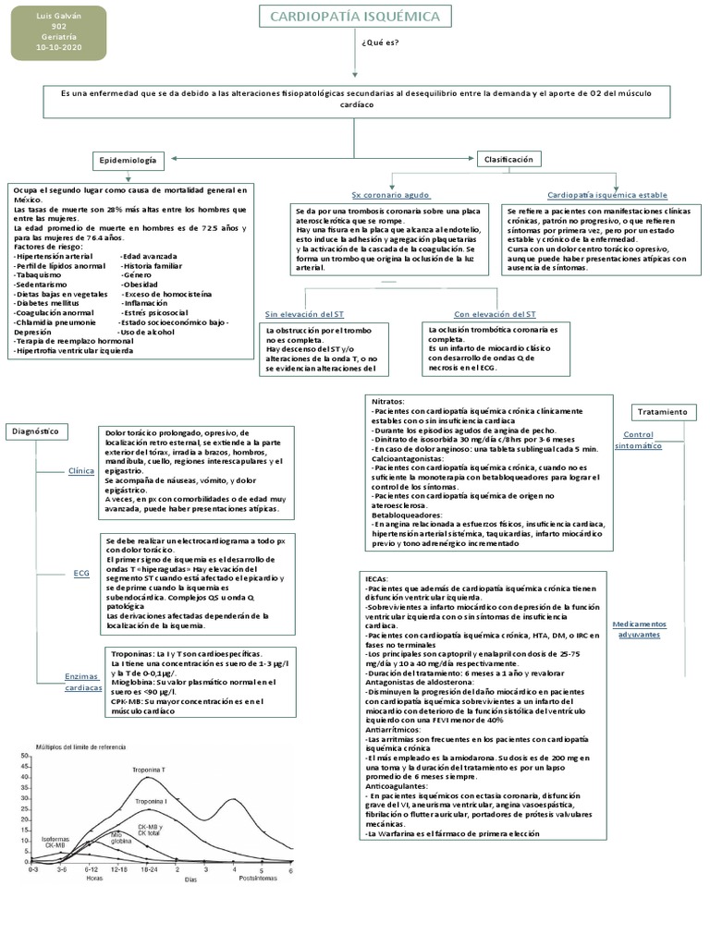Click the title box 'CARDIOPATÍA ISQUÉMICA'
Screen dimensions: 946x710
coord(348,17)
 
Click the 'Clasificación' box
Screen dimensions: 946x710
coord(509,159)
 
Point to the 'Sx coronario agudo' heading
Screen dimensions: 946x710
coord(391,196)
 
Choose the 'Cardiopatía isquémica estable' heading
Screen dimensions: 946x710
coord(607,196)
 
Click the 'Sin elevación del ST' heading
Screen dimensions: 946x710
coord(304,314)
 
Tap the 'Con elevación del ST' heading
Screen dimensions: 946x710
coord(495,314)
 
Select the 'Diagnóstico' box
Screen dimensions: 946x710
coord(36,431)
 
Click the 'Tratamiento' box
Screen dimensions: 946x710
coord(665,411)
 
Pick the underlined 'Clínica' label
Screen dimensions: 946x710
coord(81,470)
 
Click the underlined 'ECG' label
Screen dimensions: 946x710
coord(81,574)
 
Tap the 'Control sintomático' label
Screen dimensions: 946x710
coord(639,440)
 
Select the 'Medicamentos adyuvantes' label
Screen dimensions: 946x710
coord(639,629)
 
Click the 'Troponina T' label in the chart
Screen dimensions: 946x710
coord(148,770)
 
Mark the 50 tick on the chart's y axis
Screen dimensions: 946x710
coord(26,757)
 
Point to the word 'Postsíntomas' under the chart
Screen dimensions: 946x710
coord(260,879)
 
